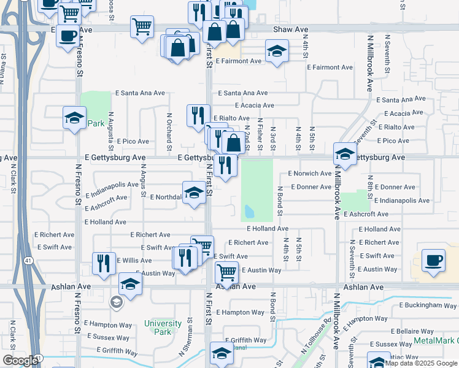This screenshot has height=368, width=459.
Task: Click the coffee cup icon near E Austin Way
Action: (433, 260)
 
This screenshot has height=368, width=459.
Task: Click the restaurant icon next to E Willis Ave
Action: (104, 263)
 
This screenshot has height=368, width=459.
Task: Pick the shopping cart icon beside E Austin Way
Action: (226, 271)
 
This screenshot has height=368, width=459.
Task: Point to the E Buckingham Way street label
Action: (428, 305)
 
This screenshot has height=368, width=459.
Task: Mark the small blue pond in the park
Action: (249, 212)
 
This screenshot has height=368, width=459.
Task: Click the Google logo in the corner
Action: (20, 361)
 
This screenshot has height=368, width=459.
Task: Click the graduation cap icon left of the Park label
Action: (74, 118)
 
